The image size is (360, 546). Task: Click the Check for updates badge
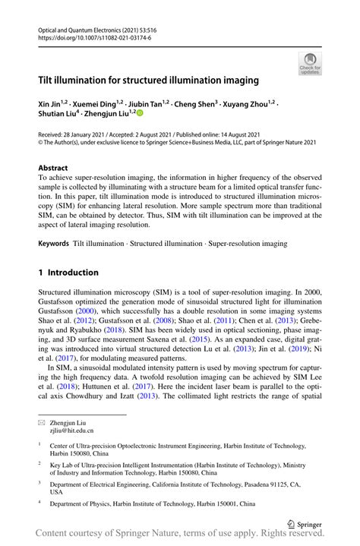310,64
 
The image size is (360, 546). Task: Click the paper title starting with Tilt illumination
148,80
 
